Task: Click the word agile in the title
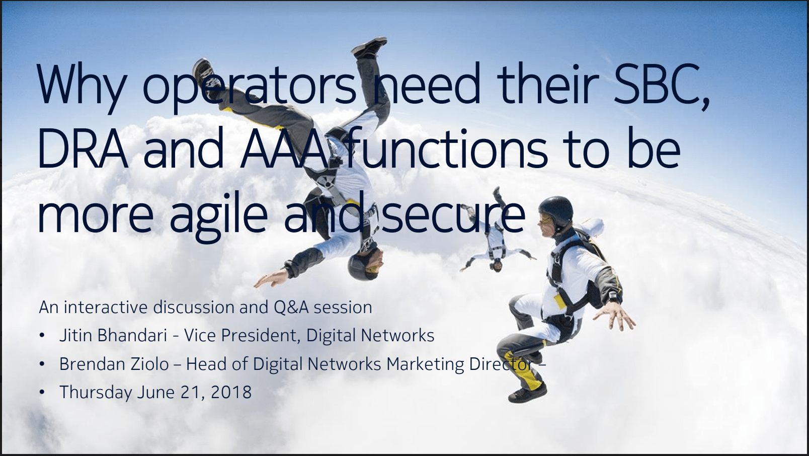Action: point(218,217)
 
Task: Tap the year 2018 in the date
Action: point(231,392)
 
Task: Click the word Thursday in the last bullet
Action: point(96,393)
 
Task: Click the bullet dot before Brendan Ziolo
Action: point(42,364)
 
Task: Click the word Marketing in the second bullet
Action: point(425,364)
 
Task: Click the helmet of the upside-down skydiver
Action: point(361,266)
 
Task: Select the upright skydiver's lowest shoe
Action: point(528,393)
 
